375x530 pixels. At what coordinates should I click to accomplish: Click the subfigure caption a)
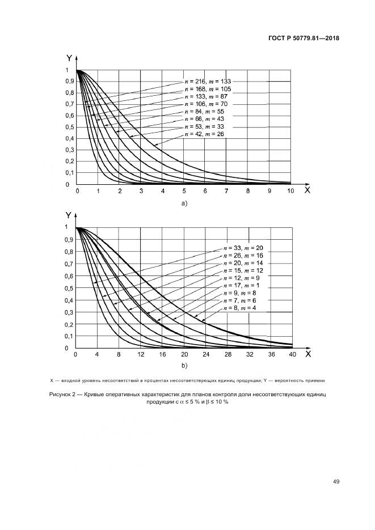click(x=184, y=202)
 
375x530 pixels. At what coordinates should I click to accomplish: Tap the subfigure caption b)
click(x=184, y=366)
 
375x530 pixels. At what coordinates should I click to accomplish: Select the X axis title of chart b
click(x=308, y=354)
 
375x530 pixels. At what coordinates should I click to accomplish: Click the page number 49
click(x=336, y=482)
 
